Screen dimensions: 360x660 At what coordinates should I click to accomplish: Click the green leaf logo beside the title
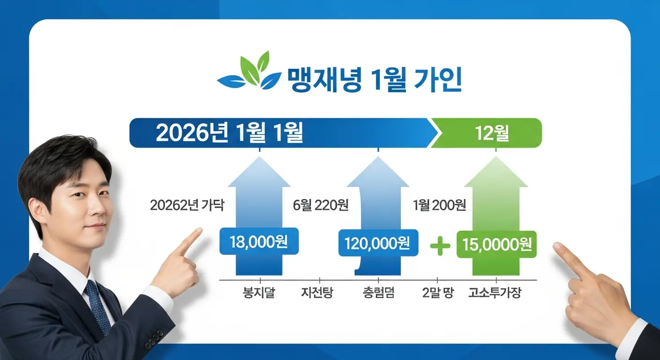point(248,74)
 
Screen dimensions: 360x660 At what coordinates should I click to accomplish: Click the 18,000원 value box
point(259,242)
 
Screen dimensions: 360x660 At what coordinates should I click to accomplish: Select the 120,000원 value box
point(377,243)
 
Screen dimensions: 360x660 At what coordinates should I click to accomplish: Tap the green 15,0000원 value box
point(496,244)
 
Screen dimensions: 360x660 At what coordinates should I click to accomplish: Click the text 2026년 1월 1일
point(229,133)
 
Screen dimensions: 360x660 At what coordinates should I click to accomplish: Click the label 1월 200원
point(439,205)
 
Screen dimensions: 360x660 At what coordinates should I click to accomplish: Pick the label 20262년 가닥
point(187,205)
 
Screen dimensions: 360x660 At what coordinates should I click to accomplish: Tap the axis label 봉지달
point(258,293)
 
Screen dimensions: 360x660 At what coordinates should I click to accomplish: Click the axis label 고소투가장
point(495,293)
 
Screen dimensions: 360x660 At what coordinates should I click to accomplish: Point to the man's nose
point(92,208)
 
